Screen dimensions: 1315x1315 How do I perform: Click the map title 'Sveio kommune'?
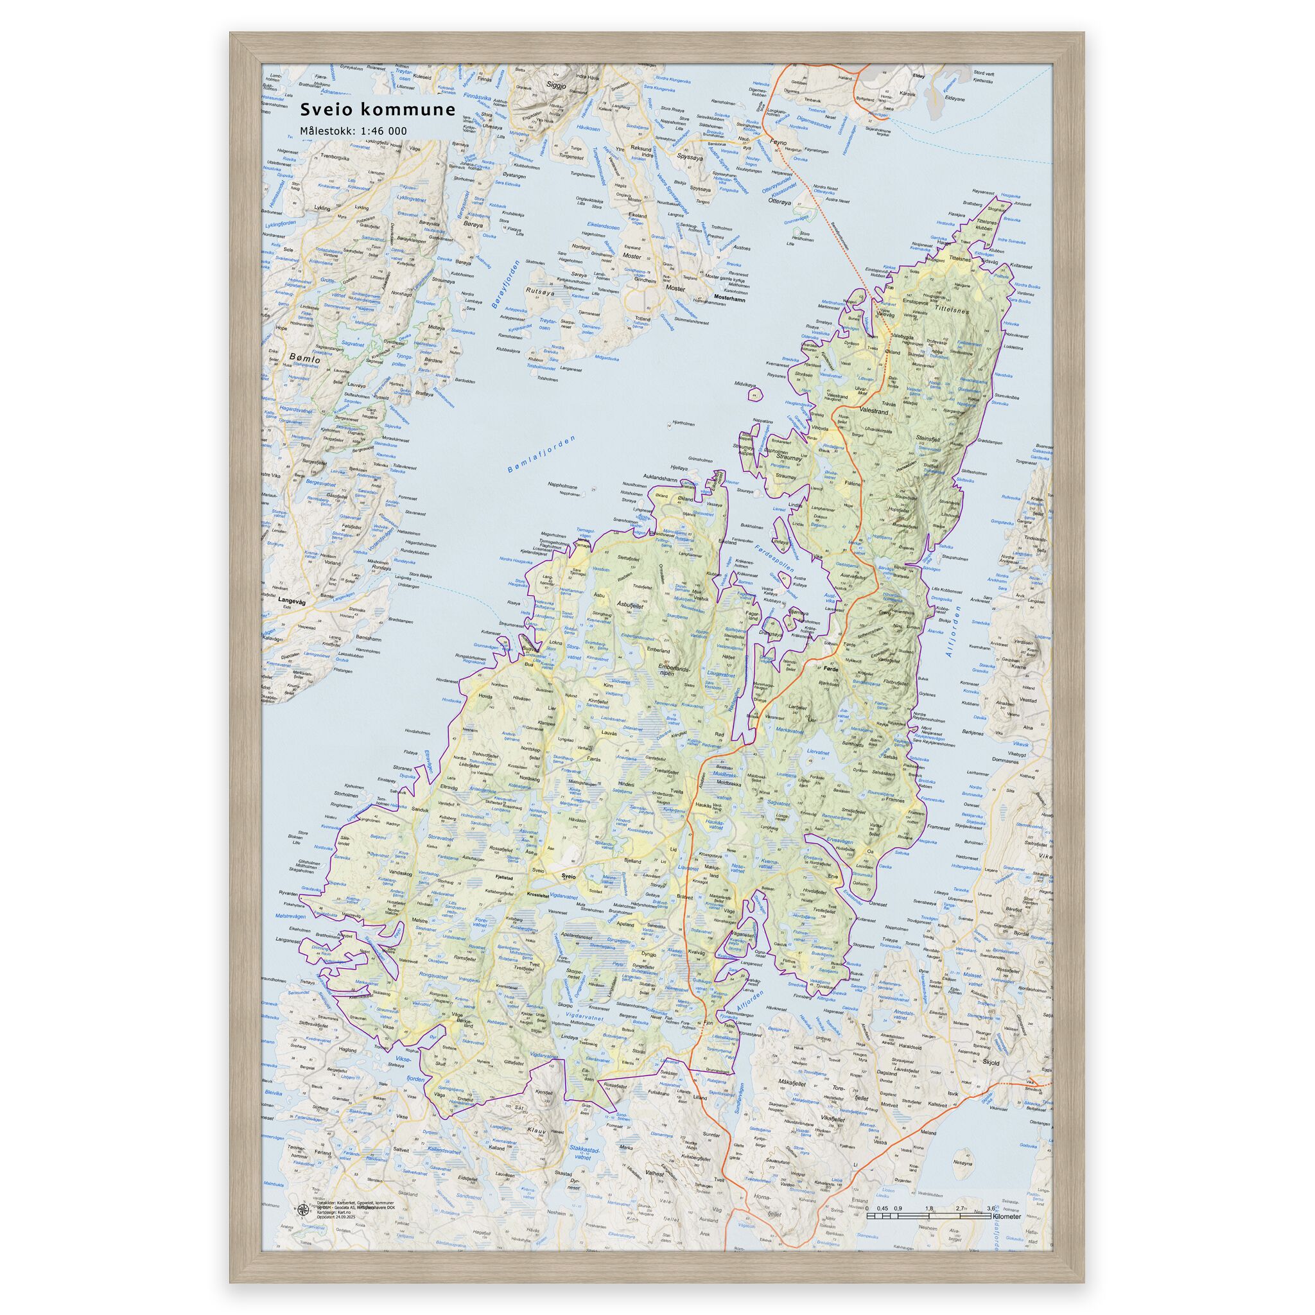378,110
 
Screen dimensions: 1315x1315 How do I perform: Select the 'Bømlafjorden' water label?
541,455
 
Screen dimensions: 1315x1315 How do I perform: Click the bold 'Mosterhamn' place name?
729,298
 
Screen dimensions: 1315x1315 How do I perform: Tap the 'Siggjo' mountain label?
556,85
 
